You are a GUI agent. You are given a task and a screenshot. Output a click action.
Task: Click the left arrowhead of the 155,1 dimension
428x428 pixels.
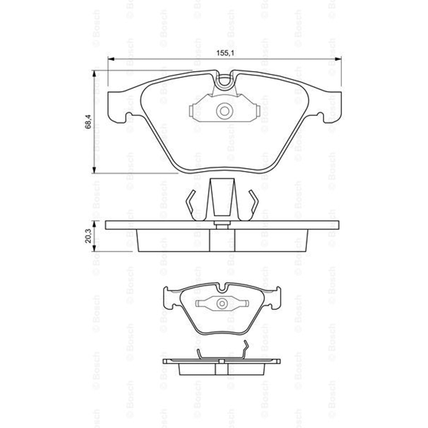tap(111, 59)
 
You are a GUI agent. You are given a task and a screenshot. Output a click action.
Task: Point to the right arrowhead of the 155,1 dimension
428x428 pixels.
tap(338, 59)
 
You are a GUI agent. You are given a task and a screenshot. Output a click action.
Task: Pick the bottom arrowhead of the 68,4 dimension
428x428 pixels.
tap(93, 170)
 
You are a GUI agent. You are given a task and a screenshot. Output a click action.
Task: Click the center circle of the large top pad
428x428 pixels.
tap(224, 111)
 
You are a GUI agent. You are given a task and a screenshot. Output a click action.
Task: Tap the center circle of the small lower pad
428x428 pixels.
tap(222, 303)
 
